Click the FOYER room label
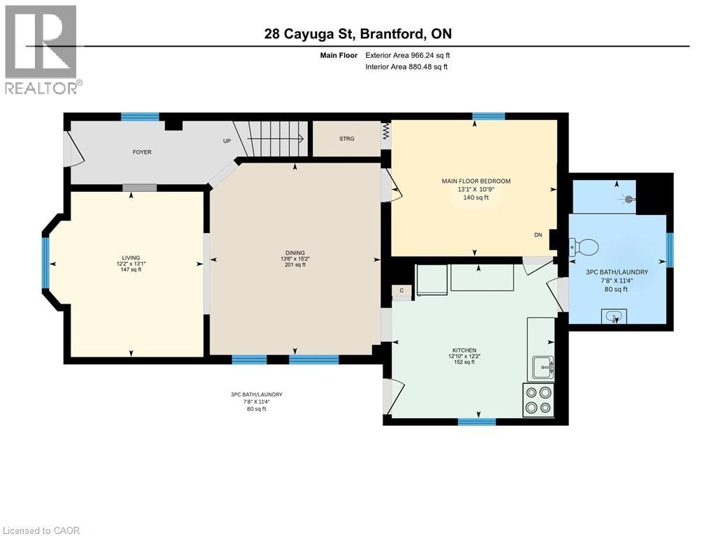(142, 152)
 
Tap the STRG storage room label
(346, 139)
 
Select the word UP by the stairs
(226, 141)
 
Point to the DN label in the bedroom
(538, 235)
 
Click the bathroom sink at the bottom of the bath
(614, 318)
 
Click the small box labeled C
(401, 290)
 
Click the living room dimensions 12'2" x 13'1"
(131, 264)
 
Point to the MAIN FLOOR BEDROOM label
(476, 181)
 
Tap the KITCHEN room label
(464, 350)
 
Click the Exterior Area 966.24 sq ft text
(412, 55)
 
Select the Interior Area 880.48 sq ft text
(406, 67)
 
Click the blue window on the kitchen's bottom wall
(476, 422)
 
